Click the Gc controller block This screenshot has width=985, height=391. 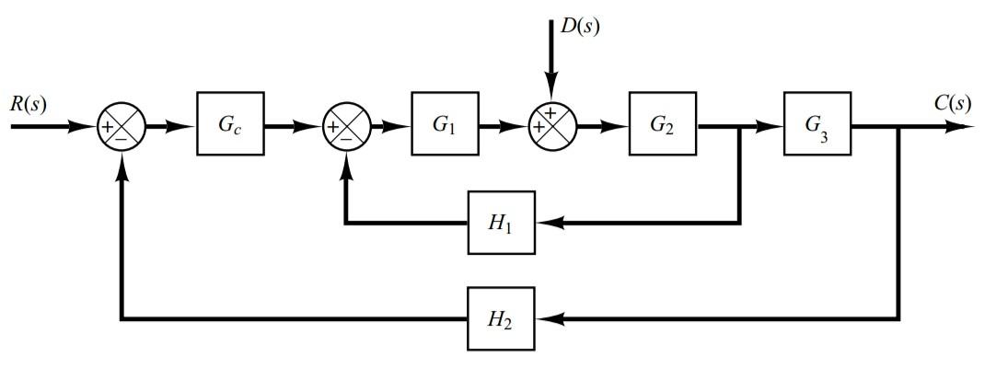[230, 124]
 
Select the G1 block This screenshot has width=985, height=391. [445, 124]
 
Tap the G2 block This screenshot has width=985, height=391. [662, 124]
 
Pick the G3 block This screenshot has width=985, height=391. [817, 124]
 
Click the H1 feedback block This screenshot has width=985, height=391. [501, 223]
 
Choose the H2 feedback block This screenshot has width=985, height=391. [501, 318]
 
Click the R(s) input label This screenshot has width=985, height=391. [28, 103]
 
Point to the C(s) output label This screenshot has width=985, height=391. [952, 103]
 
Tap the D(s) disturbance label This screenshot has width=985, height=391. [580, 27]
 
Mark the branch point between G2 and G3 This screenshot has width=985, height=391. [740, 125]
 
